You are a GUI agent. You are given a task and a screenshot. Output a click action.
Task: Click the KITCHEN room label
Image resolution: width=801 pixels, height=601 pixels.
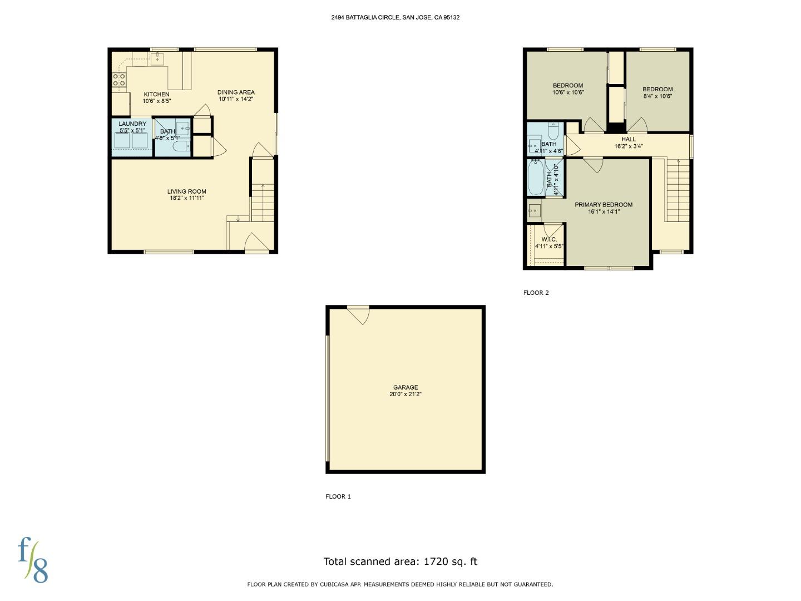click(156, 94)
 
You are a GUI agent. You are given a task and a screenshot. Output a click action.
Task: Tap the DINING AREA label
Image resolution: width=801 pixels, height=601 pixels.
click(236, 92)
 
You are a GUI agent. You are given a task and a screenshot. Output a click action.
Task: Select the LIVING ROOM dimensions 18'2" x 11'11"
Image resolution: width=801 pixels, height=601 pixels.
click(187, 198)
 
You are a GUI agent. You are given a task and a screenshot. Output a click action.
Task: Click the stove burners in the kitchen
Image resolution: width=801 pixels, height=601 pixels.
click(118, 80)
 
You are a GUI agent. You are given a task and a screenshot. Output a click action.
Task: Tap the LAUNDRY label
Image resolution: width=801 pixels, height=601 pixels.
click(132, 124)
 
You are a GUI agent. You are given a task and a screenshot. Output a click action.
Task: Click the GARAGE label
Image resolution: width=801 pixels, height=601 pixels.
click(406, 387)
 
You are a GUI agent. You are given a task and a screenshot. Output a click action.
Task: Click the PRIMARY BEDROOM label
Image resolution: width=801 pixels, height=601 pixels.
click(604, 204)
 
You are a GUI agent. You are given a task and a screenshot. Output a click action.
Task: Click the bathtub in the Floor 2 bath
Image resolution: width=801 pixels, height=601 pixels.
click(536, 178)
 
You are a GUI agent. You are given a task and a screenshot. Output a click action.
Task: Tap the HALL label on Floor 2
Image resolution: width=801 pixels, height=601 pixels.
click(629, 139)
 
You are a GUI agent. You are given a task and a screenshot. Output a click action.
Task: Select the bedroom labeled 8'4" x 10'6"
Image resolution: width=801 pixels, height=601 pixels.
click(657, 92)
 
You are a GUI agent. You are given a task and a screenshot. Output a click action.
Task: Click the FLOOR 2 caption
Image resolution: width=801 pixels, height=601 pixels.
click(536, 293)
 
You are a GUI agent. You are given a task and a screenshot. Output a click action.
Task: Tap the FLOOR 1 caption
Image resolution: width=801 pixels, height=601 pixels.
click(338, 496)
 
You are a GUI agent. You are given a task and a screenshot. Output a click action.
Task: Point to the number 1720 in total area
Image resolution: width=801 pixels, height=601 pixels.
click(437, 561)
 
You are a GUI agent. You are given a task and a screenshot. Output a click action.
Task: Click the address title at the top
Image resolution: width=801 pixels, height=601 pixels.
click(395, 17)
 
